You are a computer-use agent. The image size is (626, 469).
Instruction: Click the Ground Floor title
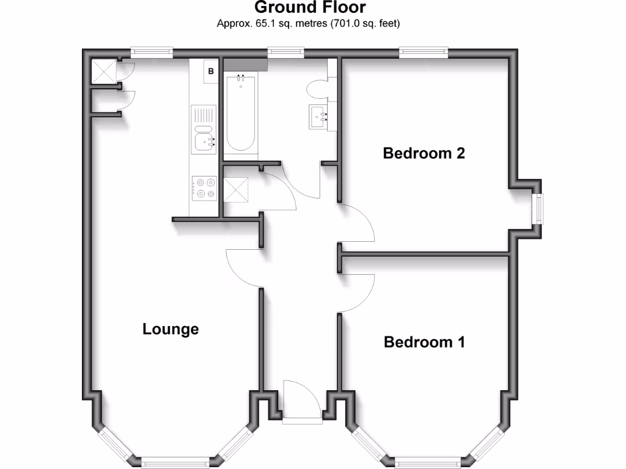310,8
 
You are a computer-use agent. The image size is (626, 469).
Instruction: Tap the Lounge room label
171,329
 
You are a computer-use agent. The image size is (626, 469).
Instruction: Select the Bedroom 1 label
424,342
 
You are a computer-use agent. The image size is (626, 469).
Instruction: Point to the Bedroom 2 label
424,153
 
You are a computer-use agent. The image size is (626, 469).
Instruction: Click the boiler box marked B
212,71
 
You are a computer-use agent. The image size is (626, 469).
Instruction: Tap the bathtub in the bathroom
240,113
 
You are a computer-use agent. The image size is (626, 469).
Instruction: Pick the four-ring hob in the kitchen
204,187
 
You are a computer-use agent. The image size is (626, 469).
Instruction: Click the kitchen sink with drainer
204,129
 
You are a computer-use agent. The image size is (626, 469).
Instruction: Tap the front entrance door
301,400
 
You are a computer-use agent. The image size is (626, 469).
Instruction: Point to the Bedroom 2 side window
537,209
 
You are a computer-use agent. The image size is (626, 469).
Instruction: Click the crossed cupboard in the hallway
237,189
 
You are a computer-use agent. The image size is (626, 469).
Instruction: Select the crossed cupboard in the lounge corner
104,71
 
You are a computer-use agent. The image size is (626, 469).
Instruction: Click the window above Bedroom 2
424,53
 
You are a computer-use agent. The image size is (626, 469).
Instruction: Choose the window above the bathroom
286,53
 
